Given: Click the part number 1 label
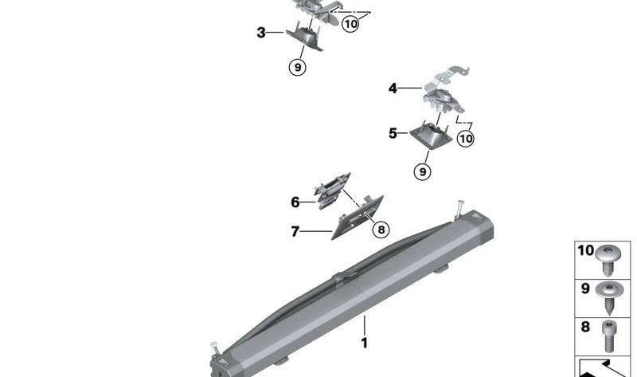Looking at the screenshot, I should (x=365, y=344).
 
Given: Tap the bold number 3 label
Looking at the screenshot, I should (x=261, y=33).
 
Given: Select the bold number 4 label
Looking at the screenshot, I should (x=393, y=88).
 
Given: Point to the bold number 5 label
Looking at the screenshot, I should (x=393, y=133).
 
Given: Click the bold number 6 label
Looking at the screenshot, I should (x=295, y=202).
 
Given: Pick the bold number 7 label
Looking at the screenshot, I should (x=295, y=232).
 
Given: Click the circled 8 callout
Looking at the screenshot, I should (x=381, y=230).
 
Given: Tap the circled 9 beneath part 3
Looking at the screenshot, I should (x=297, y=68).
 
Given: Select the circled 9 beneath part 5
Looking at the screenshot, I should (x=422, y=171).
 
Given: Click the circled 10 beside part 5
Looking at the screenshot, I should (x=466, y=138).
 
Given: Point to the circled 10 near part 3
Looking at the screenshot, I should (x=350, y=24).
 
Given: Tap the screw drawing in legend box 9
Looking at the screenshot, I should (x=611, y=295).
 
